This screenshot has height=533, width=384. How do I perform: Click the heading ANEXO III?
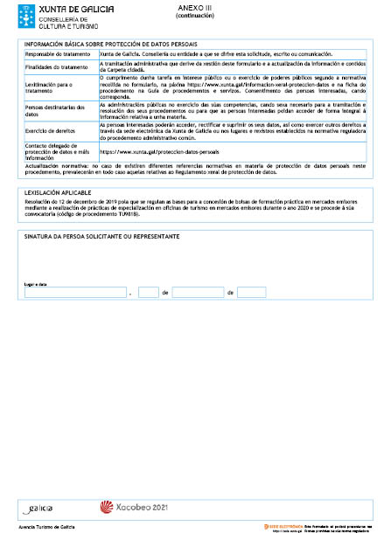(194, 8)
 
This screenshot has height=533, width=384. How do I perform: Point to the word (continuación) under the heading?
(194, 16)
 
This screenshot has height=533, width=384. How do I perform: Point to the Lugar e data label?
(35, 284)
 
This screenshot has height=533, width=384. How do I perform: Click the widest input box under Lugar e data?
(75, 293)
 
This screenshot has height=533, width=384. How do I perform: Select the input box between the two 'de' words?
(199, 293)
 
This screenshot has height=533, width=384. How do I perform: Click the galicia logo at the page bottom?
(39, 506)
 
